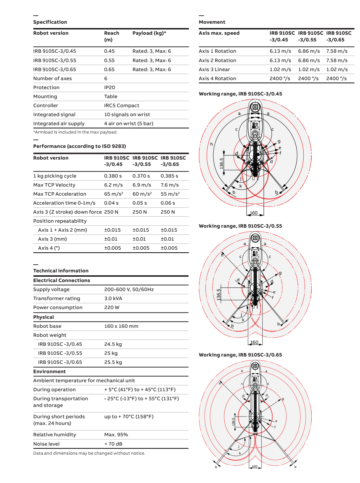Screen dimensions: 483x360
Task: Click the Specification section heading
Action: [x=50, y=22]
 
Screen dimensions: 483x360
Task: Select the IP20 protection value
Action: [x=109, y=87]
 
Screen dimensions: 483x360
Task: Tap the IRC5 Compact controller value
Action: [x=121, y=105]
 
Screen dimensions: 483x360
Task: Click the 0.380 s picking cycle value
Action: [x=113, y=176]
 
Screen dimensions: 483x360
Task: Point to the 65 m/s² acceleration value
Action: [x=113, y=194]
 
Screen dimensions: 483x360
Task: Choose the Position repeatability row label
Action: [x=60, y=221]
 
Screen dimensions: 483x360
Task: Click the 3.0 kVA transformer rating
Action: [x=113, y=298]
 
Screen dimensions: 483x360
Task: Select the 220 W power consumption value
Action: [x=111, y=307]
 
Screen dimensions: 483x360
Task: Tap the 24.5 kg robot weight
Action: [x=113, y=344]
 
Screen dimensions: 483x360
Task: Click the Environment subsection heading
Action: [x=49, y=372]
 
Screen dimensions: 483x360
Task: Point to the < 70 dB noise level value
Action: [x=113, y=444]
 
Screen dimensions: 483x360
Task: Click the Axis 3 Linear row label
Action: [x=214, y=69]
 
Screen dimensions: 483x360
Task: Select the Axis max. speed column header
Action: [x=219, y=33]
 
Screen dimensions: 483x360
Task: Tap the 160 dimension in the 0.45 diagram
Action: [x=254, y=213]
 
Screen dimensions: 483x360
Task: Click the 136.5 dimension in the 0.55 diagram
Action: [x=219, y=294]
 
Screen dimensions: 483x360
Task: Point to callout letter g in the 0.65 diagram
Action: [x=283, y=399]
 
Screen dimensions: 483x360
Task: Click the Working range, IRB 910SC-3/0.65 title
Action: [x=240, y=355]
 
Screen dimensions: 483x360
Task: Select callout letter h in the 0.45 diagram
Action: [x=211, y=144]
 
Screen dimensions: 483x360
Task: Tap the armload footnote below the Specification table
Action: [x=75, y=132]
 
